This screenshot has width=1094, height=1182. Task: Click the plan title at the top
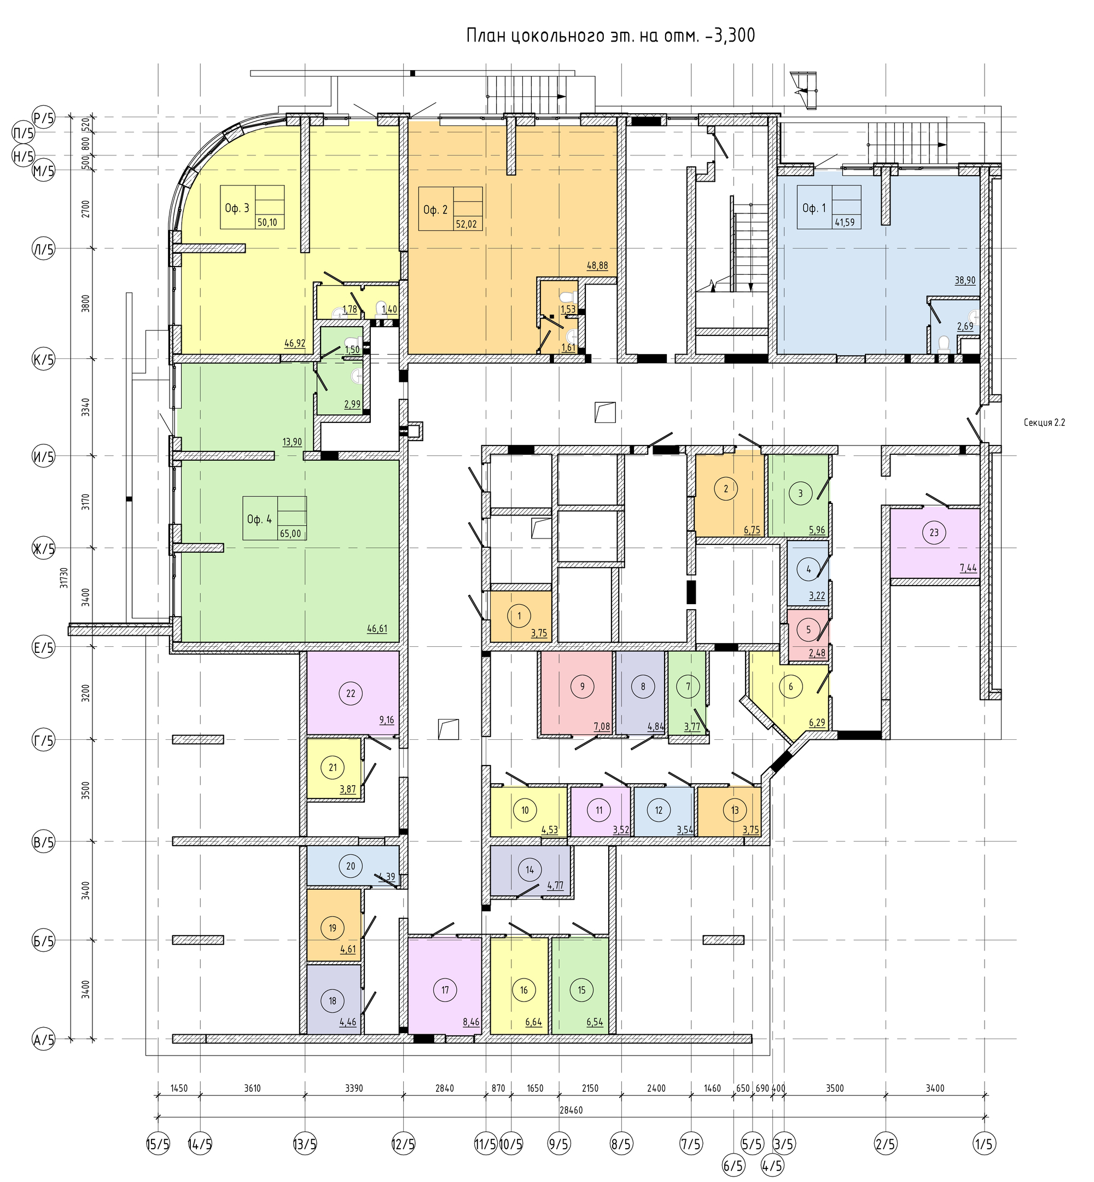click(610, 36)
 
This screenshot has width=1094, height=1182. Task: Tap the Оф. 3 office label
click(237, 208)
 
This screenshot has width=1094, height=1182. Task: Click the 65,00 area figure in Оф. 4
click(290, 534)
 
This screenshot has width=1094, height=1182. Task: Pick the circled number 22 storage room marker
click(351, 693)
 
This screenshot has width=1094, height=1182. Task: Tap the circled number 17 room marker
click(445, 989)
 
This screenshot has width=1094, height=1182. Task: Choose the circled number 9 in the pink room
click(583, 686)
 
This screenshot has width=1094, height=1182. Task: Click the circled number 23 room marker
click(934, 532)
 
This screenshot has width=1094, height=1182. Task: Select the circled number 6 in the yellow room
click(790, 687)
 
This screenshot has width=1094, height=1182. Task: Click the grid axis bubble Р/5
click(43, 118)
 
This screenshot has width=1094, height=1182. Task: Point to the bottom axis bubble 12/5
click(404, 1144)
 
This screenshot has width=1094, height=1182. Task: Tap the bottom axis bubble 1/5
click(985, 1144)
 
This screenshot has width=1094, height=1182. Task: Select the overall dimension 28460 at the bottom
click(571, 1110)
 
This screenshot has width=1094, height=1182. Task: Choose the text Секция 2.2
click(1044, 423)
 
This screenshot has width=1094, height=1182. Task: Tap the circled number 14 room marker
click(529, 870)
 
